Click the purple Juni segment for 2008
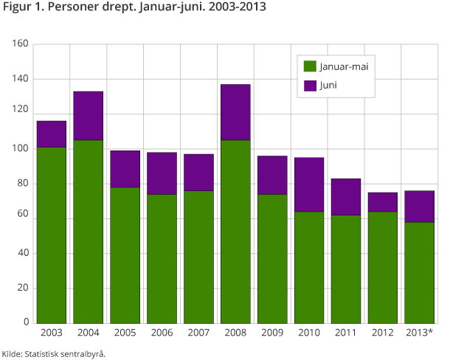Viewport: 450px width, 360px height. click(235, 112)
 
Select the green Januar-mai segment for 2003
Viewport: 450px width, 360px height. click(52, 235)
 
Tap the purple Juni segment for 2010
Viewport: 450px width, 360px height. click(309, 184)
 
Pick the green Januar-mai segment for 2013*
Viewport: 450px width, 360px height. click(420, 272)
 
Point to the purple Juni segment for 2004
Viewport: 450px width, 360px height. click(89, 116)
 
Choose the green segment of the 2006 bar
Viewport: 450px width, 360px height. click(162, 258)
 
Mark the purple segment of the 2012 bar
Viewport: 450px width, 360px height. click(383, 202)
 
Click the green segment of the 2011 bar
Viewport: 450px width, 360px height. click(346, 269)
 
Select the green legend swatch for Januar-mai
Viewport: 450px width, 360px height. click(310, 66)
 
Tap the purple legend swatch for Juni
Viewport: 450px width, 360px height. click(310, 85)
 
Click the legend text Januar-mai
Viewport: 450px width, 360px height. click(344, 66)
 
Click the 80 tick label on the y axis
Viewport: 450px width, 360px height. click(23, 184)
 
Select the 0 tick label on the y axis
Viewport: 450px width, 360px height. click(26, 323)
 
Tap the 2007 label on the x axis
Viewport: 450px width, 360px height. click(198, 333)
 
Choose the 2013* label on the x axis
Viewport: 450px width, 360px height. click(420, 333)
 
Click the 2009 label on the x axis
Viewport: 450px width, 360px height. click(272, 333)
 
